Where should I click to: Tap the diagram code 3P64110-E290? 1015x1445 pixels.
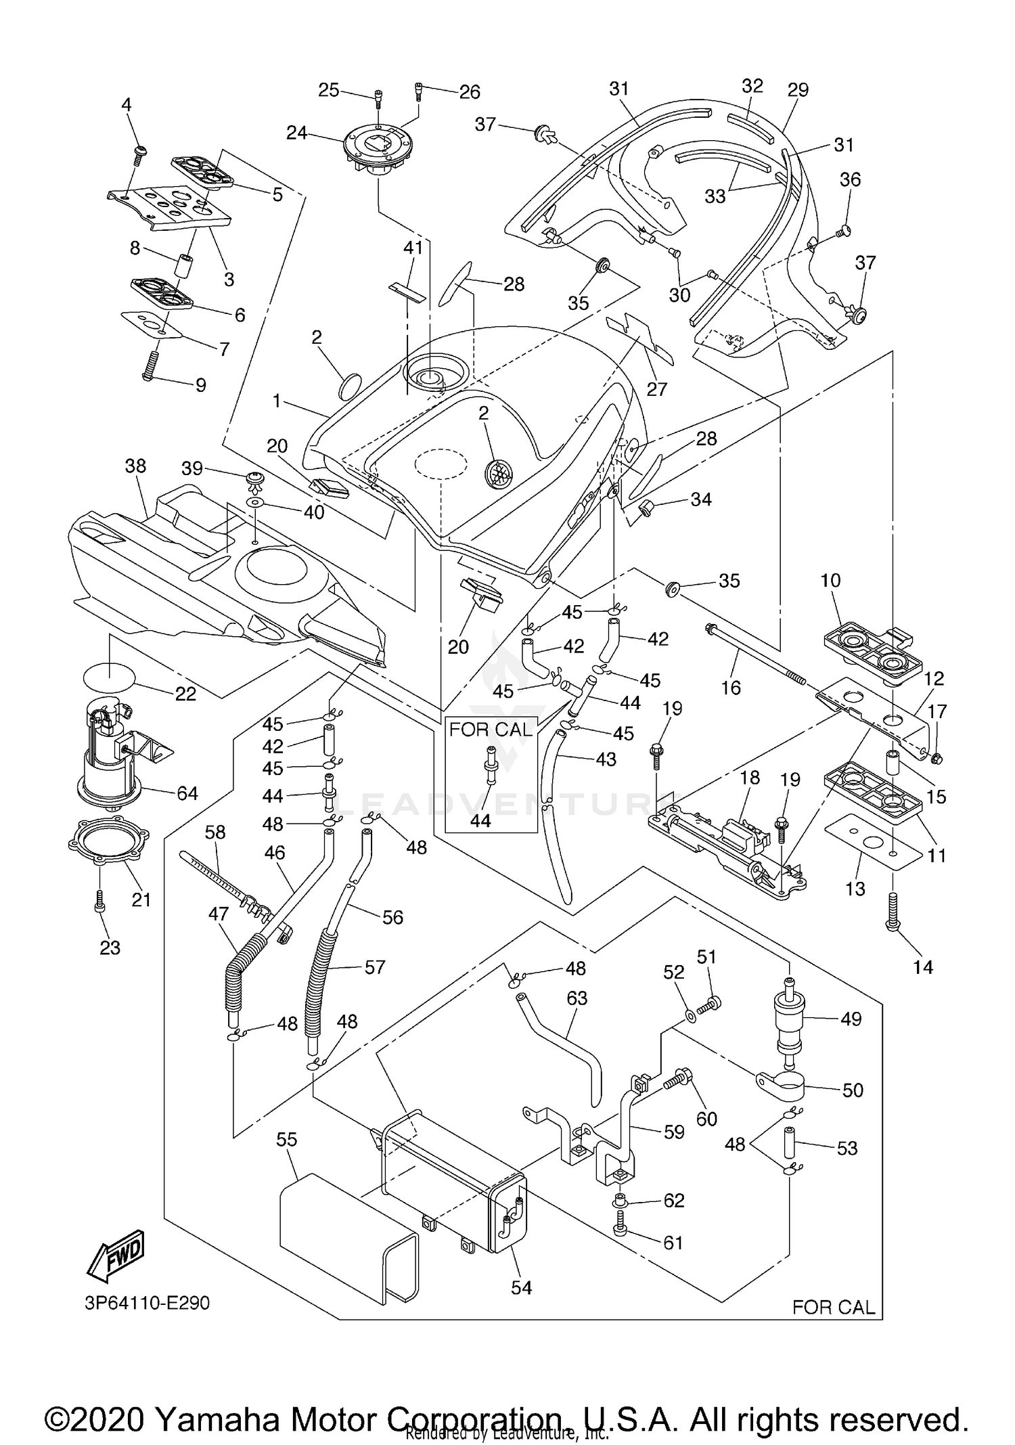point(148,1303)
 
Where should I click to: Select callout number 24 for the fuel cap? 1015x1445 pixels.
point(296,133)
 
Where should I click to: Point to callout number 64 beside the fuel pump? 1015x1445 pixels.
point(187,793)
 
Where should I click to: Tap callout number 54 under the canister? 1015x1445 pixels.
point(521,1287)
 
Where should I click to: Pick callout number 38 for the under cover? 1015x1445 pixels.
point(135,466)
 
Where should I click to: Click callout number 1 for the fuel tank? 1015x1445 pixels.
point(276,401)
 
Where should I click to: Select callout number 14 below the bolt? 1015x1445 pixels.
point(922,967)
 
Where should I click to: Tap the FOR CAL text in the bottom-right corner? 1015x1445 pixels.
point(833,1307)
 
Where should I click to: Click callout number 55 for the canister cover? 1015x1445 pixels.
point(286,1140)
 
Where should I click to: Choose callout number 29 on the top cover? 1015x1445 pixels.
point(798,89)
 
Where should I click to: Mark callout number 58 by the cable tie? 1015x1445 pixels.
point(215,832)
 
